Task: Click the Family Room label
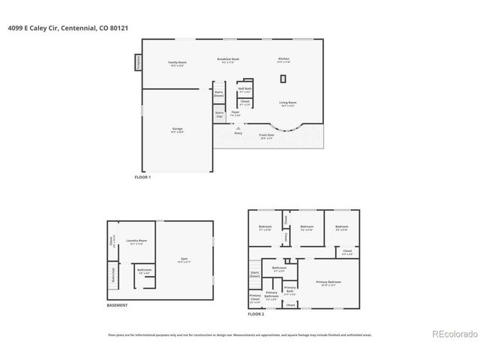click(x=177, y=63)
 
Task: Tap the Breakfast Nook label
click(x=228, y=60)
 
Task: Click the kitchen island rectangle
click(x=283, y=79)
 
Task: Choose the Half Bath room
click(x=245, y=89)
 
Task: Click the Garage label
click(x=177, y=130)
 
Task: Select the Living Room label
click(x=288, y=103)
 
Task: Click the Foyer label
click(x=235, y=113)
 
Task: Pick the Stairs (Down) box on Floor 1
click(x=219, y=94)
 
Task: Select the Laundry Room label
click(x=136, y=241)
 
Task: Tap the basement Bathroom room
click(x=144, y=271)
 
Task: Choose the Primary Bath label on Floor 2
click(x=290, y=291)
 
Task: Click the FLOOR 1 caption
click(x=142, y=177)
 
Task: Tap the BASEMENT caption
click(x=117, y=305)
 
